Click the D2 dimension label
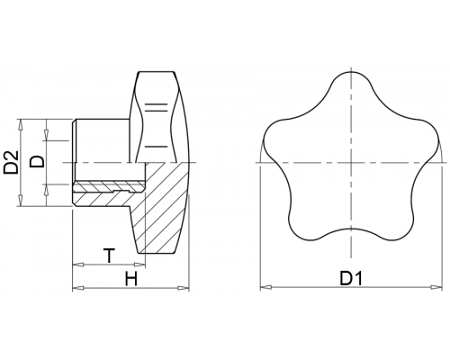(12, 162)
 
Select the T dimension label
(110, 256)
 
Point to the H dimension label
(131, 279)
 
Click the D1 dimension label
(351, 278)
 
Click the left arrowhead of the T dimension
(78, 265)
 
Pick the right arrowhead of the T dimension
(139, 265)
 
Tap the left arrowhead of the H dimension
(78, 288)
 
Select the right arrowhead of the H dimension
(184, 288)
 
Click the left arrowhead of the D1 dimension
(265, 287)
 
